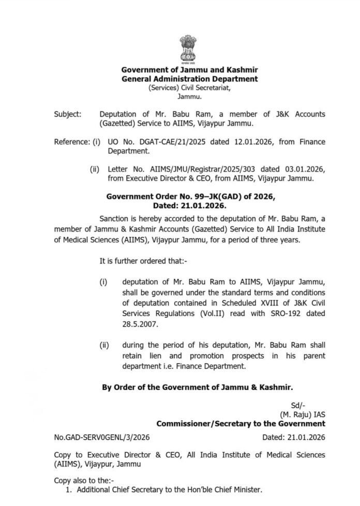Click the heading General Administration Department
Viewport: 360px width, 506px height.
click(189, 79)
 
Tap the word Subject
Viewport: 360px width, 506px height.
click(67, 114)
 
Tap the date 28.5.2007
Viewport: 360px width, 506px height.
click(140, 327)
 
